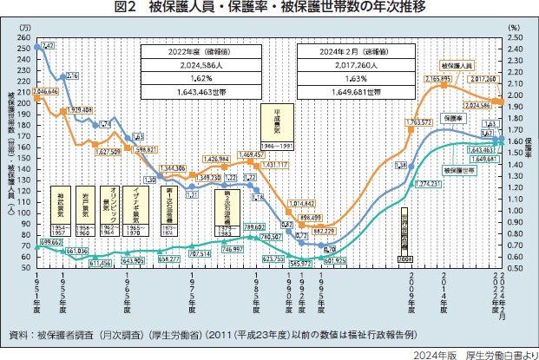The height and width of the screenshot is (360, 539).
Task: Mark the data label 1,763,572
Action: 418,122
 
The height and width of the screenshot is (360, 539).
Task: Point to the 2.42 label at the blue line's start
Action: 47,44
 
